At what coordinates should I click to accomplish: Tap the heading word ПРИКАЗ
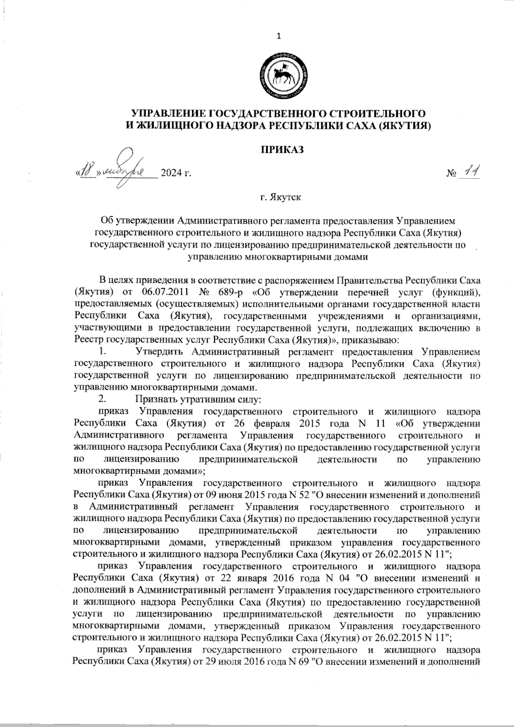coord(282,150)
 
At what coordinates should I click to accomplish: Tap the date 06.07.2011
coord(160,293)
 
